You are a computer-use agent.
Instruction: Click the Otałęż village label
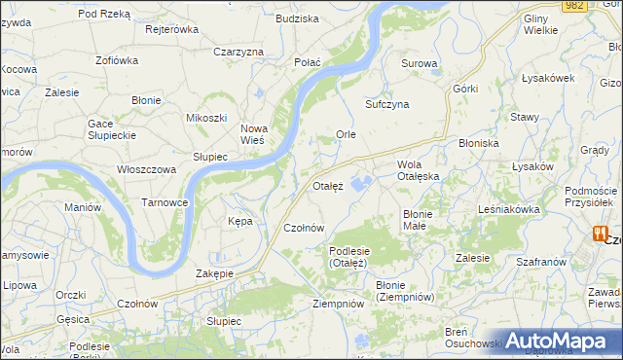(328, 186)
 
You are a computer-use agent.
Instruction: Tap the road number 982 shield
(574, 6)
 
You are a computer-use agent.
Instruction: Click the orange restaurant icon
(601, 234)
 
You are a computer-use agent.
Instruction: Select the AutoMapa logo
(558, 342)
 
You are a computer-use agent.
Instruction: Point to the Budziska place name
(297, 18)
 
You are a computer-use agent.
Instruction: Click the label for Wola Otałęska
(419, 170)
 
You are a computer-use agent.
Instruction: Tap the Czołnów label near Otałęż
(303, 228)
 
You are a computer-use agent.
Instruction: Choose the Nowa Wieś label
(253, 134)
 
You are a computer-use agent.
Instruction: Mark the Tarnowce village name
(165, 202)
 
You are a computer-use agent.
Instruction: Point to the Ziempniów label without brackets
(338, 304)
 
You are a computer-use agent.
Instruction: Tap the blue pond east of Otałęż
(362, 182)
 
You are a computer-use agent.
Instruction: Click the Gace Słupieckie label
(115, 129)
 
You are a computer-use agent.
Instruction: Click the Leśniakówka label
(508, 209)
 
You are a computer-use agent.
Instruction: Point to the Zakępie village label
(214, 273)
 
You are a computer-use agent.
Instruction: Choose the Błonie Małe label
(423, 219)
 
